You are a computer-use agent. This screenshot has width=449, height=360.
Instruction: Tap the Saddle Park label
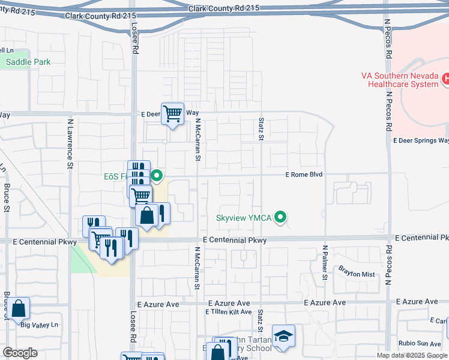28,62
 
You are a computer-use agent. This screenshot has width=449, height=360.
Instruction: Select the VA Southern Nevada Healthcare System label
400,80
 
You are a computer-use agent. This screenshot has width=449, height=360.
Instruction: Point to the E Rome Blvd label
304,175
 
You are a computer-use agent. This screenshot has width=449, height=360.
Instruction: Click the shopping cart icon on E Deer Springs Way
173,113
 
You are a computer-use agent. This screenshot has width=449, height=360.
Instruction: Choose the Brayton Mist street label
357,274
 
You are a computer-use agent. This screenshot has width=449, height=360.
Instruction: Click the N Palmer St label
325,262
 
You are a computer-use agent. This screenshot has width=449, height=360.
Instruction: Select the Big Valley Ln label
41,325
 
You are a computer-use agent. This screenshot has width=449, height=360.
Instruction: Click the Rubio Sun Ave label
420,344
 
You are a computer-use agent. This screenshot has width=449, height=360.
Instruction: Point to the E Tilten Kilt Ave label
228,312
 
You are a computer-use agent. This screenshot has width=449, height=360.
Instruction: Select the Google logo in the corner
20,353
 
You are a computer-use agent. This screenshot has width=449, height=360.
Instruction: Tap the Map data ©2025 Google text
412,355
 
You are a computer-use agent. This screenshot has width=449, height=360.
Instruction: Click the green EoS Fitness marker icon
157,176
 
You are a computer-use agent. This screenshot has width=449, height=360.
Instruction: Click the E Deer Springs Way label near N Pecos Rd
421,140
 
